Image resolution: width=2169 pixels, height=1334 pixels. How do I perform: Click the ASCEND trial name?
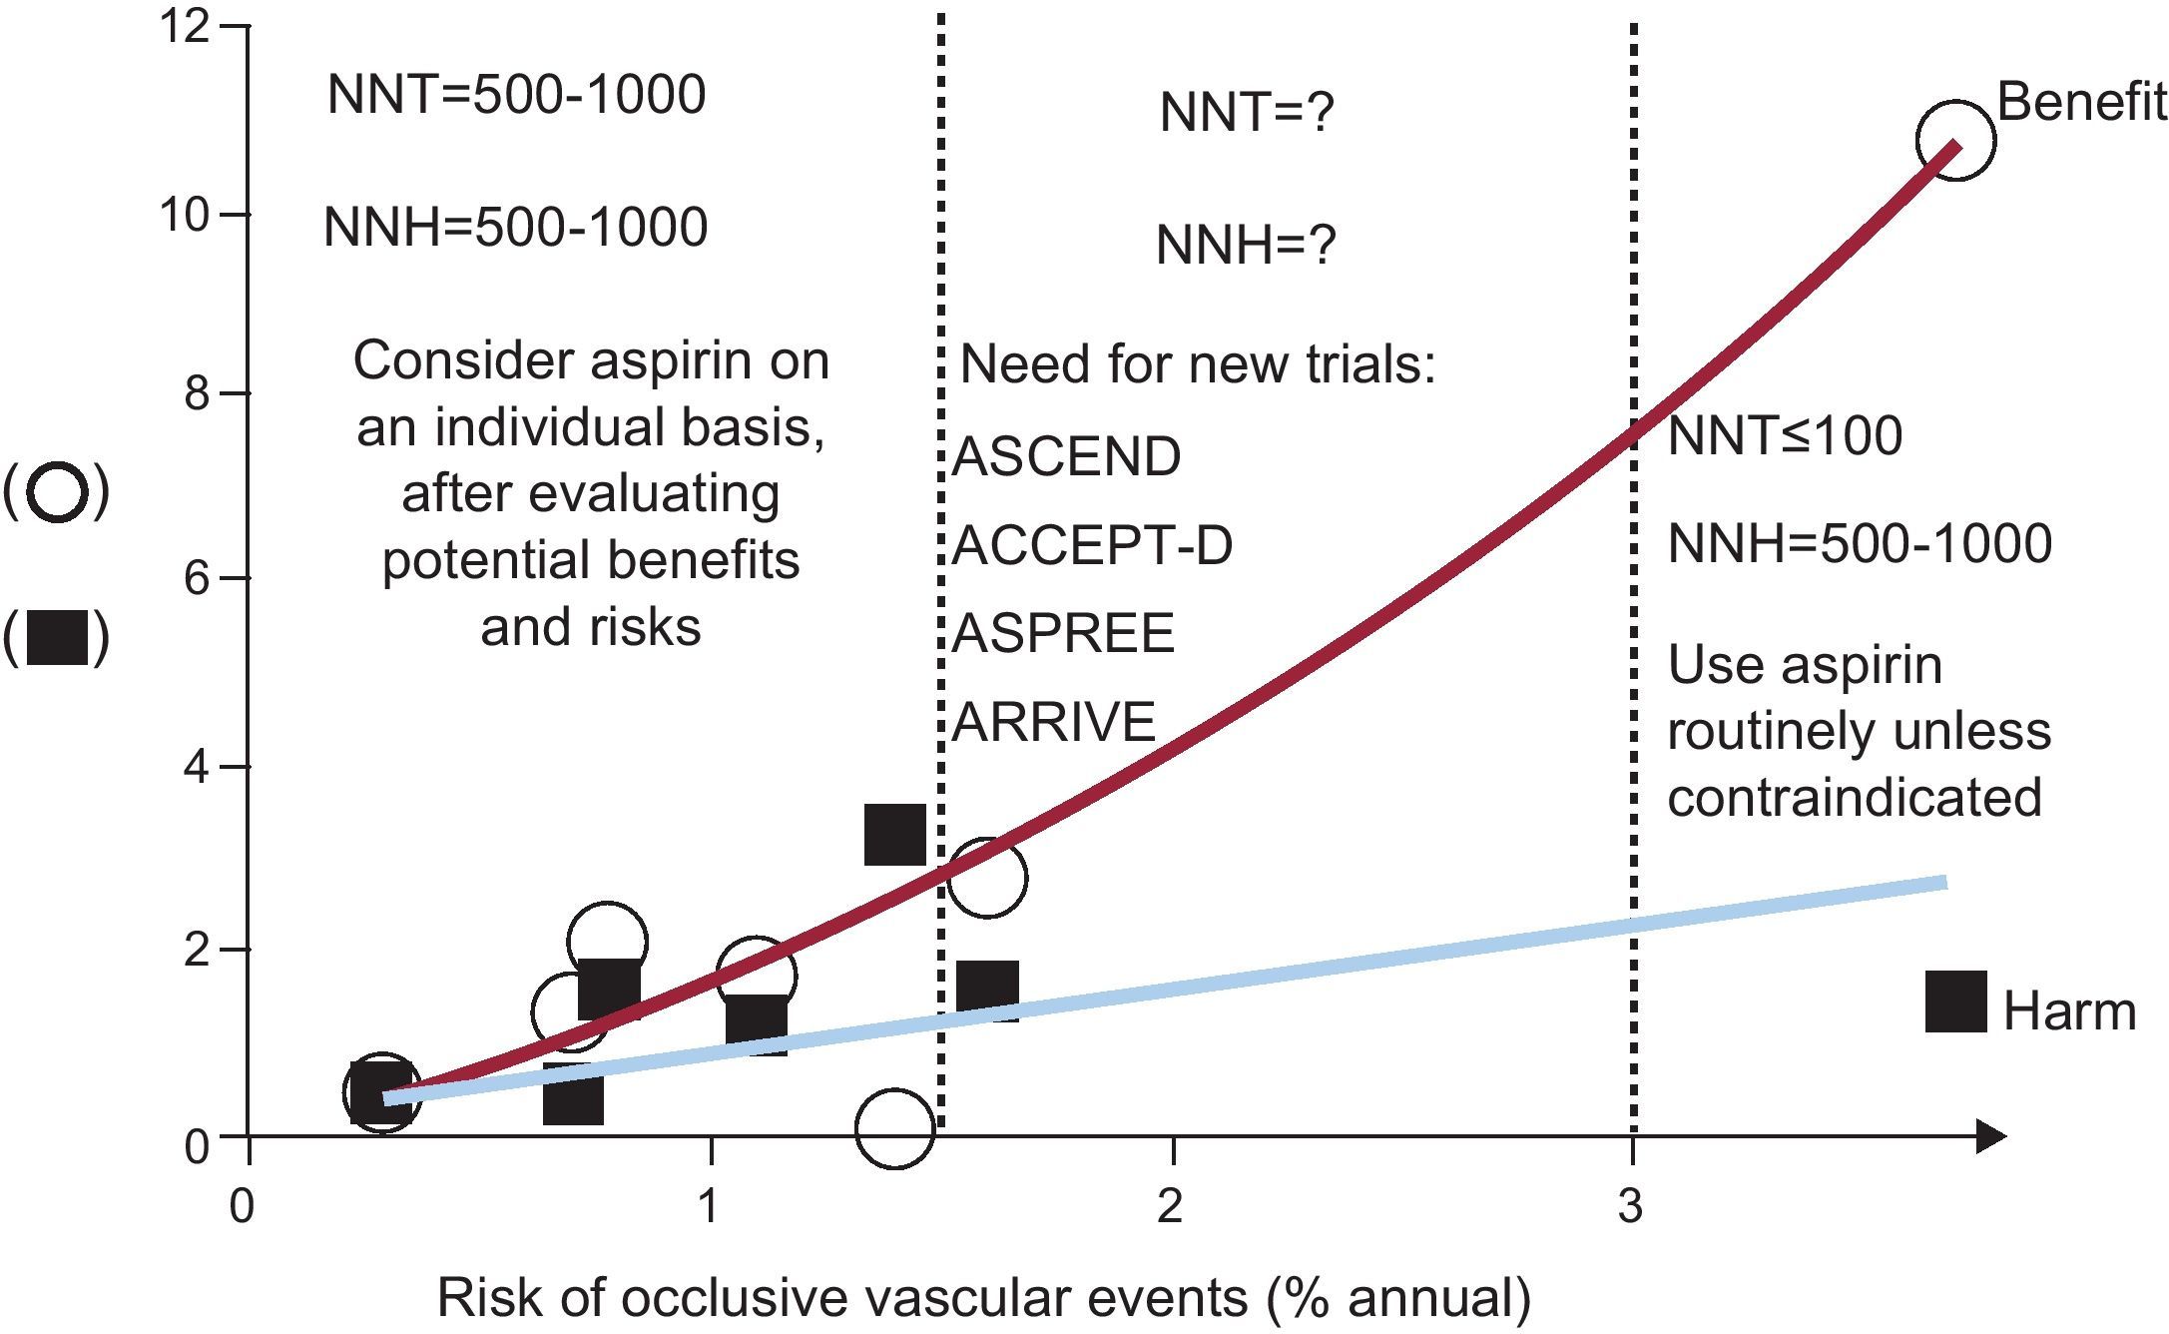click(x=1066, y=457)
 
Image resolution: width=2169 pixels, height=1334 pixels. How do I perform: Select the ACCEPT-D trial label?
click(x=1092, y=545)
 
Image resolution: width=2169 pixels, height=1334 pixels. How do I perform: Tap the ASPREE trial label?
click(x=1063, y=633)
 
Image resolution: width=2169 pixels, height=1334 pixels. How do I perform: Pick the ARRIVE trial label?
click(x=1054, y=721)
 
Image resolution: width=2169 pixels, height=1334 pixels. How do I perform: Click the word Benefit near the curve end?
click(x=2081, y=103)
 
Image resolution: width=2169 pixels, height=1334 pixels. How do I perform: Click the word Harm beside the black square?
click(x=2069, y=1011)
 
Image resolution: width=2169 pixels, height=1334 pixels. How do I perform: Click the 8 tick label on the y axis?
click(x=197, y=393)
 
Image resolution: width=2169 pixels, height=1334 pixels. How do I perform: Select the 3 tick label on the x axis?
click(x=1630, y=1207)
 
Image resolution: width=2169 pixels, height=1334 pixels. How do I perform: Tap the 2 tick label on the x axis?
click(x=1170, y=1207)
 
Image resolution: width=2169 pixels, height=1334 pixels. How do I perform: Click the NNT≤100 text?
click(x=1785, y=436)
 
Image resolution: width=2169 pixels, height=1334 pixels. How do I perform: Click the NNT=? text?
click(x=1247, y=113)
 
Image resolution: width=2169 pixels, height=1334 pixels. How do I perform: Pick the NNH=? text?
click(x=1246, y=246)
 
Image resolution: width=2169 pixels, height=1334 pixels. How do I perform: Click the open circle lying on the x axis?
click(x=894, y=1127)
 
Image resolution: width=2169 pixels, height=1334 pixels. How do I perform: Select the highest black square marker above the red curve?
click(x=894, y=835)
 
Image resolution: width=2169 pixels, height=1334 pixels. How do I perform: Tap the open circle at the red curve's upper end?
click(x=1954, y=140)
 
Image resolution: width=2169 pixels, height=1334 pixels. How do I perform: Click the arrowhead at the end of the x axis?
click(x=1990, y=1136)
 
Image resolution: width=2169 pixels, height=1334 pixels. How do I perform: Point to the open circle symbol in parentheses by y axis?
click(x=57, y=493)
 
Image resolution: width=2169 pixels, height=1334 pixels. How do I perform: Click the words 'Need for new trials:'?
click(x=1197, y=365)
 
